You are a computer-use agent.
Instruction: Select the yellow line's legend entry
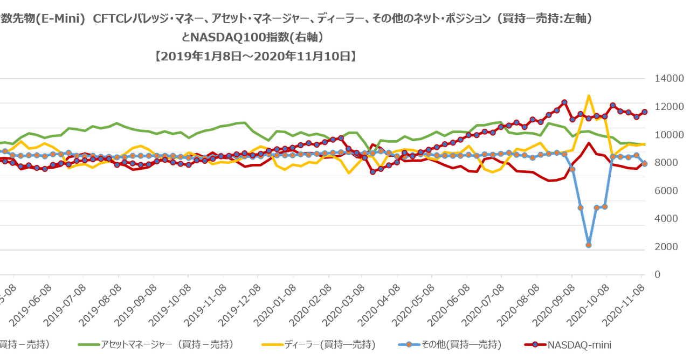click(318, 344)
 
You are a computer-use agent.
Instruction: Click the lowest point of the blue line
click(589, 245)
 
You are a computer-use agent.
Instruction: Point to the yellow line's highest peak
click(589, 95)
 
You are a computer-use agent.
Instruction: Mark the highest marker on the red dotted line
click(564, 101)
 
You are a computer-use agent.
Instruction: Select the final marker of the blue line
click(645, 164)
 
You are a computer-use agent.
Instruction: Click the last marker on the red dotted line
click(645, 112)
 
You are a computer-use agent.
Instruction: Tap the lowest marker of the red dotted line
click(372, 171)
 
